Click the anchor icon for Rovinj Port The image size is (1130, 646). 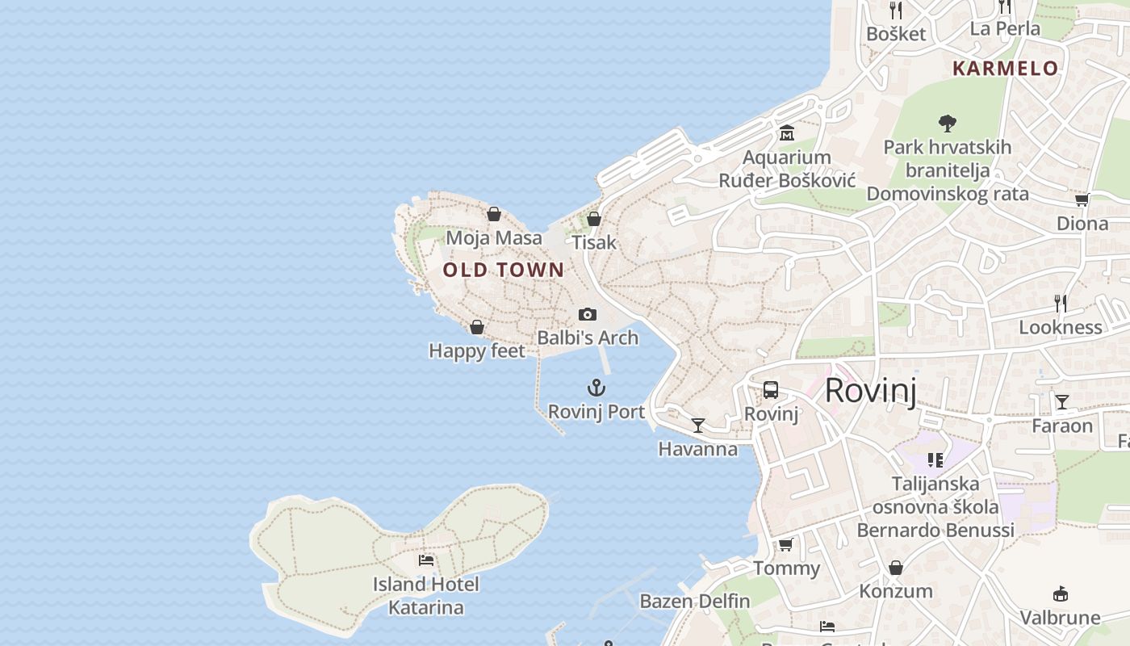click(x=596, y=388)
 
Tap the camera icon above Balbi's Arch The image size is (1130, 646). click(x=588, y=314)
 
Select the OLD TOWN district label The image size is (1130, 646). click(x=504, y=271)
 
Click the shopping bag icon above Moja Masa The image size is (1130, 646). click(x=494, y=214)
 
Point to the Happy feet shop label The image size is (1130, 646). click(x=477, y=351)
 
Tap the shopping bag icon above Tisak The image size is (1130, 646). click(x=594, y=219)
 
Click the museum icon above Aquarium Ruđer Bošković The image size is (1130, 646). click(x=787, y=133)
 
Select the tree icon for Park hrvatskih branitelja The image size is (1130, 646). click(x=948, y=124)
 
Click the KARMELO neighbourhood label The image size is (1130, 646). click(x=1005, y=69)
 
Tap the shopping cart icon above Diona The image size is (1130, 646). click(x=1082, y=199)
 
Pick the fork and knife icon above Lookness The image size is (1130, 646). click(x=1061, y=304)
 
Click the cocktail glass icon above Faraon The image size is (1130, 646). click(x=1062, y=401)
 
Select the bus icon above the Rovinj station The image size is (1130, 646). click(x=771, y=390)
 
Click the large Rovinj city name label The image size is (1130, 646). click(x=871, y=391)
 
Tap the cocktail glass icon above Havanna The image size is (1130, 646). click(x=698, y=425)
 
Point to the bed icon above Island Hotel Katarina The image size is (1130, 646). click(x=426, y=560)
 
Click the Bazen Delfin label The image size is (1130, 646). click(x=695, y=602)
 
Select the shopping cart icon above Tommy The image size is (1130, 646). click(x=786, y=544)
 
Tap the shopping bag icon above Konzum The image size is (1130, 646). click(x=896, y=568)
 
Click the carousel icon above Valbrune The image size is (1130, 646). click(x=1061, y=594)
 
